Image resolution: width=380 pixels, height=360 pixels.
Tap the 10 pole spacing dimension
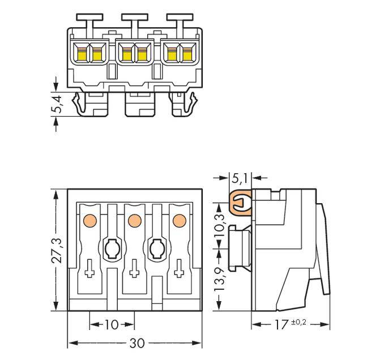pos(112,324)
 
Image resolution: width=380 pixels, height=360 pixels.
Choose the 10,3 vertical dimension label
pos(220,223)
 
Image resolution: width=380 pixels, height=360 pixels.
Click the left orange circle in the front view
pos(88,219)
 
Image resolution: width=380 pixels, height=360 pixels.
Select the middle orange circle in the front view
pos(134,219)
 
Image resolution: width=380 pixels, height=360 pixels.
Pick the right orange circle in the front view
pos(179,219)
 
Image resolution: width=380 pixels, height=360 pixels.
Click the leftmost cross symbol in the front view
pos(89,273)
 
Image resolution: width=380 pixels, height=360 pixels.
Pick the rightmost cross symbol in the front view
pos(180,273)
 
